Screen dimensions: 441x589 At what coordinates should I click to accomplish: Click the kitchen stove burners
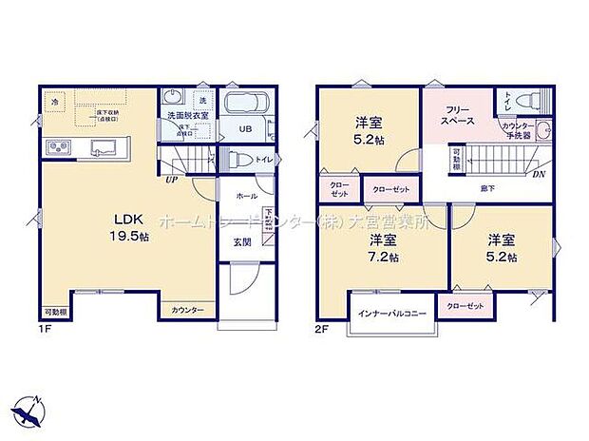point(56,147)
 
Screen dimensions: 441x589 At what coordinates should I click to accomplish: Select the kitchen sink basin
point(101,148)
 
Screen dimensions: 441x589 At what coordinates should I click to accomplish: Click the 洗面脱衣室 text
point(187,116)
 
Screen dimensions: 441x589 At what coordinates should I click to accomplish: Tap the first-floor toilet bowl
point(240,160)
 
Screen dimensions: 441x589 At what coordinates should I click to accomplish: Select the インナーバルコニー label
point(392,313)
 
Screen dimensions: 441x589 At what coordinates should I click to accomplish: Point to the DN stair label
point(539,174)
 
